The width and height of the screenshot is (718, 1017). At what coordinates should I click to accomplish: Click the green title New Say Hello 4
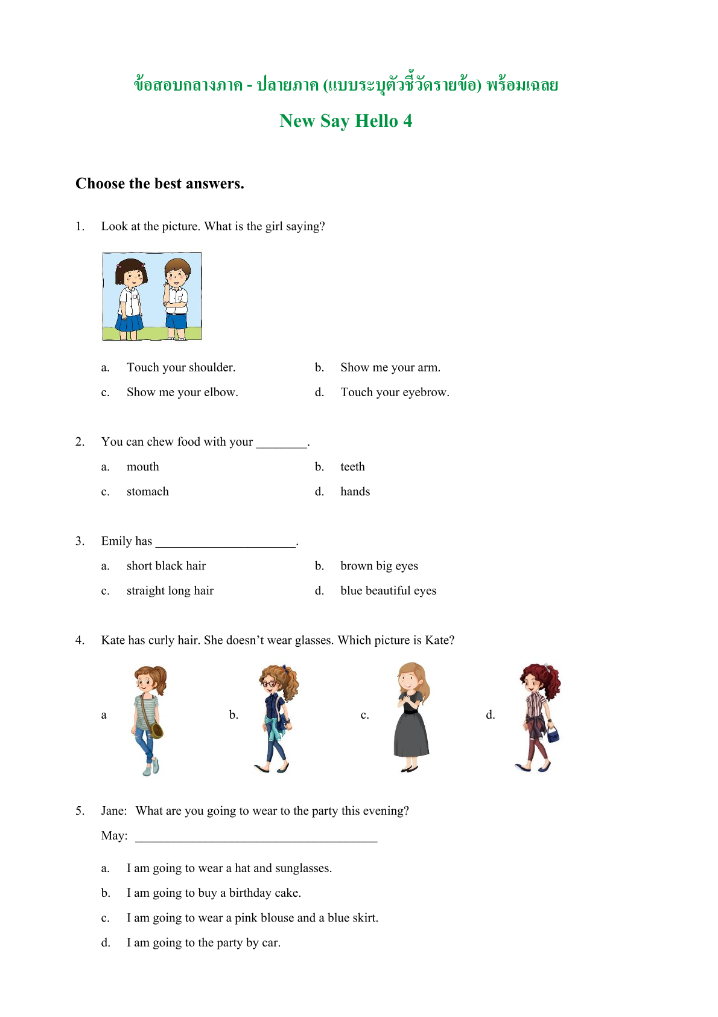click(x=346, y=121)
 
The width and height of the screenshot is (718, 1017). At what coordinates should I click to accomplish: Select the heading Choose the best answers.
click(x=160, y=184)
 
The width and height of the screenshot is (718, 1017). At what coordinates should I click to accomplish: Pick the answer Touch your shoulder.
click(x=181, y=367)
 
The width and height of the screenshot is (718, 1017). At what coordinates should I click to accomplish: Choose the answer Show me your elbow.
click(x=182, y=392)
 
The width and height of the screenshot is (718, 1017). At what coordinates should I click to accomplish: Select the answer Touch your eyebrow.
click(x=395, y=392)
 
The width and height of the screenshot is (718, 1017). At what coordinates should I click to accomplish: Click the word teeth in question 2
click(x=352, y=466)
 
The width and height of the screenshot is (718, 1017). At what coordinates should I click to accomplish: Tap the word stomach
click(x=148, y=491)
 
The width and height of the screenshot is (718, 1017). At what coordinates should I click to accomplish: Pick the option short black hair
click(x=166, y=565)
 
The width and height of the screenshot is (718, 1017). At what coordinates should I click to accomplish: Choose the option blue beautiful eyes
click(x=388, y=590)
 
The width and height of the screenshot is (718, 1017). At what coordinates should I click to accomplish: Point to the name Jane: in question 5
click(x=114, y=810)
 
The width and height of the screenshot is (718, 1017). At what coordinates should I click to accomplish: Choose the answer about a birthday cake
click(x=214, y=893)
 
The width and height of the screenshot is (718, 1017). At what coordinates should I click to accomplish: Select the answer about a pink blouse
click(x=252, y=917)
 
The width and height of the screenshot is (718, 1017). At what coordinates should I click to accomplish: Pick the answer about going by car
click(x=203, y=942)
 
